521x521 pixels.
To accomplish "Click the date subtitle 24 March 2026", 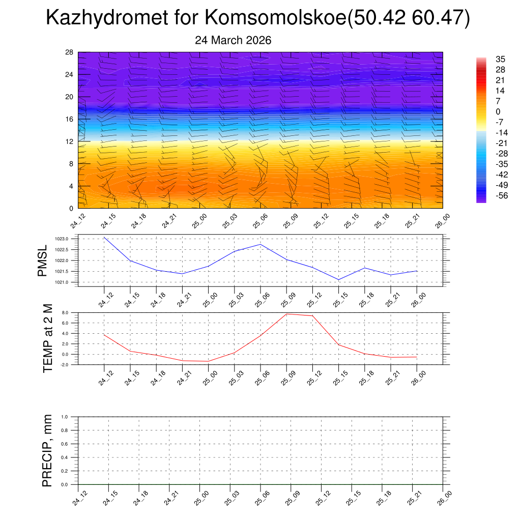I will (x=233, y=40).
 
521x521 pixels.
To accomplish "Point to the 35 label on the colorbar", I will (x=500, y=59).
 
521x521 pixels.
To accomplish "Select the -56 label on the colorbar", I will (x=501, y=196).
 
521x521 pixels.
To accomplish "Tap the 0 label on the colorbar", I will (x=498, y=112).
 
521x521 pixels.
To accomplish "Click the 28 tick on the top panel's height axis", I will (x=70, y=52).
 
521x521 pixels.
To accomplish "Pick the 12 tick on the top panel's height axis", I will (x=70, y=141).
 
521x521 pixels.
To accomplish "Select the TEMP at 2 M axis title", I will (x=47, y=338).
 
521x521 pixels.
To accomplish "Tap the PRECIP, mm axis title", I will (x=47, y=450).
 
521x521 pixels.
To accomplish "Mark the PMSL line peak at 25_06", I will (x=260, y=244).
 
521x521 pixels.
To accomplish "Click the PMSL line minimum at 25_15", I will (x=339, y=280).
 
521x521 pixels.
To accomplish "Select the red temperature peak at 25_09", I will (x=286, y=314).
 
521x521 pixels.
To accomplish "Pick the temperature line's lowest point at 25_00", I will (x=208, y=361).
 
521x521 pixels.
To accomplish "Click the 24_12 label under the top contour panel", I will (x=78, y=222).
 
